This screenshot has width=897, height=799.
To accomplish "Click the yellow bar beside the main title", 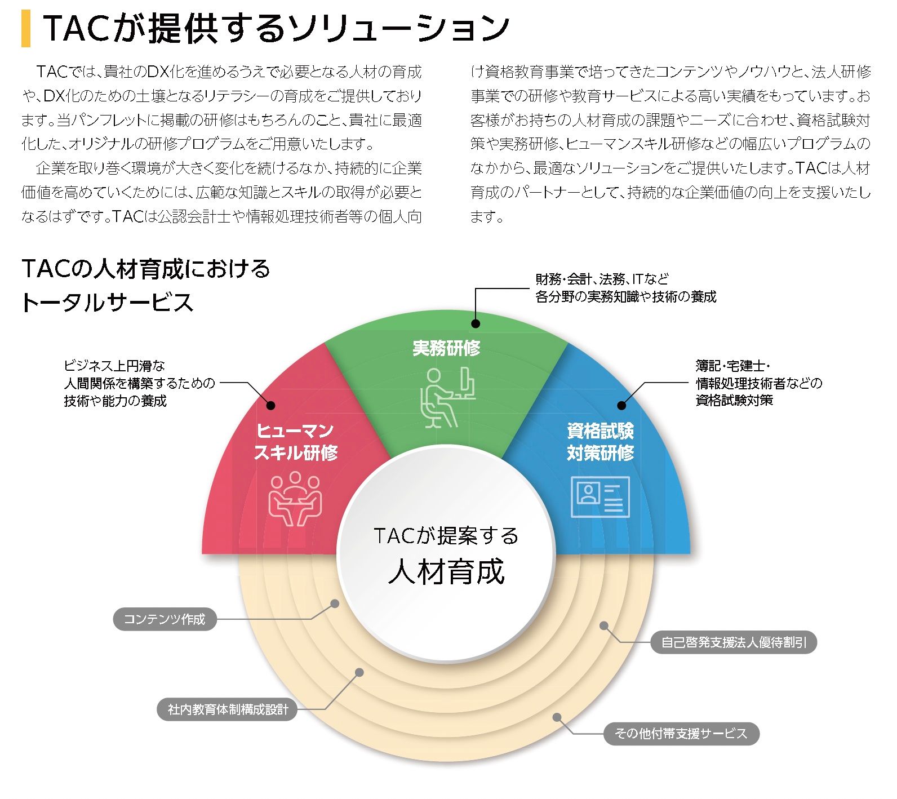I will click(x=26, y=29).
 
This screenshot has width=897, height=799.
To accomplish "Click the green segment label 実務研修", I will click(x=446, y=348).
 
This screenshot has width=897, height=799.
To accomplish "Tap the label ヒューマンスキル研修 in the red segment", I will click(x=295, y=442).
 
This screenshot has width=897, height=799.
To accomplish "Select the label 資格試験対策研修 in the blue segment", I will click(x=600, y=442).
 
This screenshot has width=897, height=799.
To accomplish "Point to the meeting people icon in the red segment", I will click(x=295, y=498).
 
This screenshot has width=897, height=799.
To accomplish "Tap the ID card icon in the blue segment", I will click(x=600, y=496).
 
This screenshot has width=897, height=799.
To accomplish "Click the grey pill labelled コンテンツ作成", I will click(x=165, y=619).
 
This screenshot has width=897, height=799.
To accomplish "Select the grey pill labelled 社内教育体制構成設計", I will click(x=228, y=709).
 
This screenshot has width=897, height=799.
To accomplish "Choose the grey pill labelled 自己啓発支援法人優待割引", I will click(x=734, y=642).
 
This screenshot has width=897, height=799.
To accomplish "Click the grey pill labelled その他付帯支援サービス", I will click(x=681, y=734).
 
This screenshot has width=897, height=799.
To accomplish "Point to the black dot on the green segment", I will click(x=476, y=323).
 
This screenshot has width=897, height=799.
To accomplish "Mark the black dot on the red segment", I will click(x=270, y=405).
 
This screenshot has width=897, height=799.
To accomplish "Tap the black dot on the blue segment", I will click(x=621, y=405).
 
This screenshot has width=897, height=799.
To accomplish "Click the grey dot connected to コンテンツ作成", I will click(x=335, y=603).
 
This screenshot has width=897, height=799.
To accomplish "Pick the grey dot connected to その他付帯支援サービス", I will click(x=557, y=717).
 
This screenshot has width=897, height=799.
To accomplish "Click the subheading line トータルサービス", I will click(x=108, y=303).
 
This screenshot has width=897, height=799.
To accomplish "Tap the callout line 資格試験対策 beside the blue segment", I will click(x=734, y=401).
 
